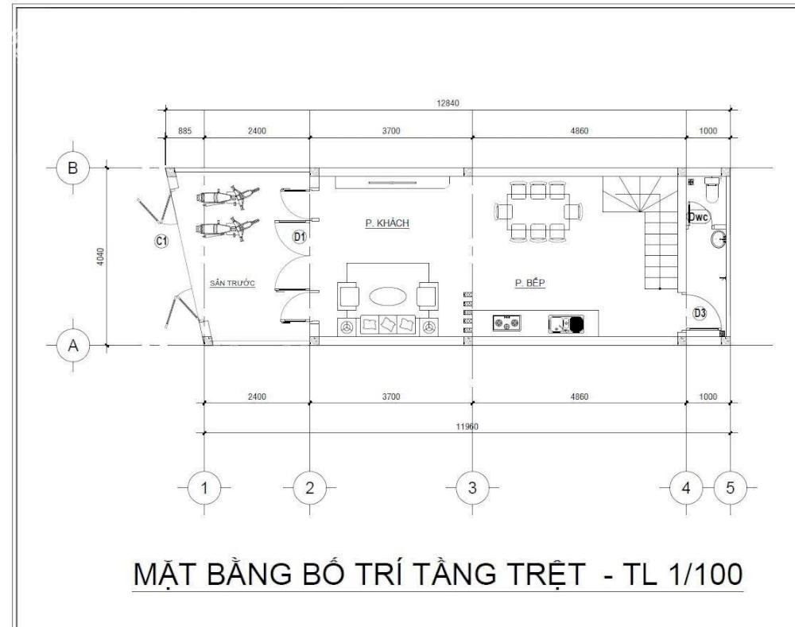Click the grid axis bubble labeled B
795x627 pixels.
(x=73, y=167)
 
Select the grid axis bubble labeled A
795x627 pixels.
(x=73, y=346)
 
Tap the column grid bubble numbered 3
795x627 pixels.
(x=472, y=488)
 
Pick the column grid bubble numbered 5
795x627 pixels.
(x=730, y=488)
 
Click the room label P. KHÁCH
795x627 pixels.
(x=387, y=223)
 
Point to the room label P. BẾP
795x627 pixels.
(x=530, y=283)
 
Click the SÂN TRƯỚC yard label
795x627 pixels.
(x=233, y=283)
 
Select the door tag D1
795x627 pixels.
(x=300, y=237)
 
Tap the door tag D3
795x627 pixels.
(x=700, y=313)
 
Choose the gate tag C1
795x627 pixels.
(x=161, y=242)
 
